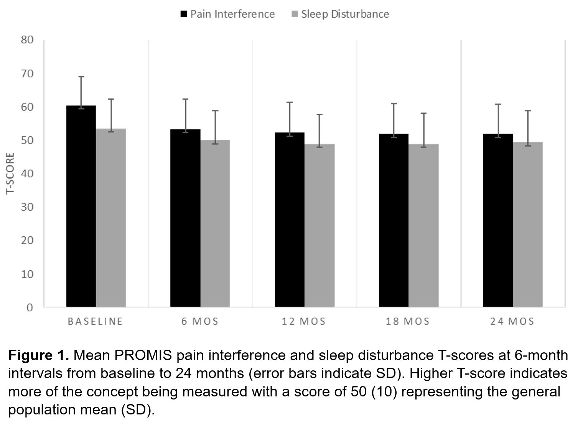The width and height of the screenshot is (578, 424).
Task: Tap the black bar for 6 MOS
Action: (185, 218)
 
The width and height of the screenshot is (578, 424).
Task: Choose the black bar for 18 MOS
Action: (394, 220)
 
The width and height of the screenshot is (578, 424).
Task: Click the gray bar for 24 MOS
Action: (528, 224)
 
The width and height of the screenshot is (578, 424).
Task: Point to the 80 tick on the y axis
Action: (27, 40)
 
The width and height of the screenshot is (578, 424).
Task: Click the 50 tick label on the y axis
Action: (27, 140)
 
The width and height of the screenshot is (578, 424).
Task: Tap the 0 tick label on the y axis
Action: (30, 308)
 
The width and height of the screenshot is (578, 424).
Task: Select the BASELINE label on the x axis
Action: (95, 321)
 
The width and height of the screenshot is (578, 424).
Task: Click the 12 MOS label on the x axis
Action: (303, 321)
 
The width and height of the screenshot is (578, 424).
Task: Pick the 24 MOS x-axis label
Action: (512, 321)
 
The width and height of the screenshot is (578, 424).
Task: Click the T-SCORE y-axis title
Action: (10, 174)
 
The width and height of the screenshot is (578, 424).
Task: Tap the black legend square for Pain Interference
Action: (184, 15)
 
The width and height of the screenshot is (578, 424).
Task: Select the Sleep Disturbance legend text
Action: (345, 14)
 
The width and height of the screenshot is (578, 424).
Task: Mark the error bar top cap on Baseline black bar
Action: (81, 77)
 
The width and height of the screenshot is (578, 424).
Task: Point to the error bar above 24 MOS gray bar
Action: (528, 126)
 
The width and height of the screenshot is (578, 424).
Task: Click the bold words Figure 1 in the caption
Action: (38, 355)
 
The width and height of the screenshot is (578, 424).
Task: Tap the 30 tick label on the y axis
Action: (27, 207)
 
